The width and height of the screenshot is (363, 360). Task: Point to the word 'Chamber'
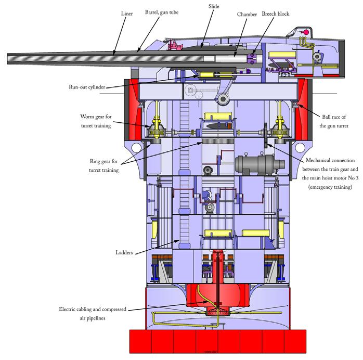(245, 15)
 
